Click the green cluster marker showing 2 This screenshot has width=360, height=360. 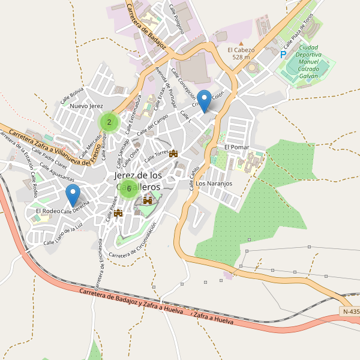click(x=109, y=122)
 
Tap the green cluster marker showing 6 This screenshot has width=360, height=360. click(x=128, y=188)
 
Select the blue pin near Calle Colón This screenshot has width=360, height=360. click(x=205, y=101)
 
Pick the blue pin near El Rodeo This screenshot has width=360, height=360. click(x=73, y=196)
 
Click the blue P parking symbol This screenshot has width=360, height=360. click(x=283, y=55)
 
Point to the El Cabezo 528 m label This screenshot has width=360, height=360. click(x=241, y=53)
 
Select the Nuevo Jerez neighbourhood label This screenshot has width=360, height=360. click(x=87, y=106)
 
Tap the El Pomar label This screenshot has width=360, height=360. click(x=236, y=147)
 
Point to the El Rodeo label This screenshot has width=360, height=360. click(x=47, y=211)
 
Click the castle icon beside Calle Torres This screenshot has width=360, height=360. click(x=174, y=154)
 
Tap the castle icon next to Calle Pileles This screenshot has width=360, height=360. click(x=118, y=212)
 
